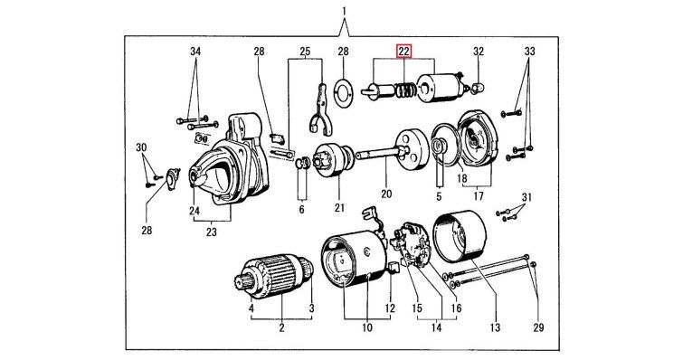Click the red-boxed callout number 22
(403, 52)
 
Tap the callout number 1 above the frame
(344, 11)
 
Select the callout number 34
(195, 52)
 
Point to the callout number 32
(479, 52)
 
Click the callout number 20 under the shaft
(386, 194)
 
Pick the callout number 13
(495, 327)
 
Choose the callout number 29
(539, 327)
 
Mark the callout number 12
(390, 308)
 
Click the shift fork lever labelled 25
(321, 109)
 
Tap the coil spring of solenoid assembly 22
(405, 90)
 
